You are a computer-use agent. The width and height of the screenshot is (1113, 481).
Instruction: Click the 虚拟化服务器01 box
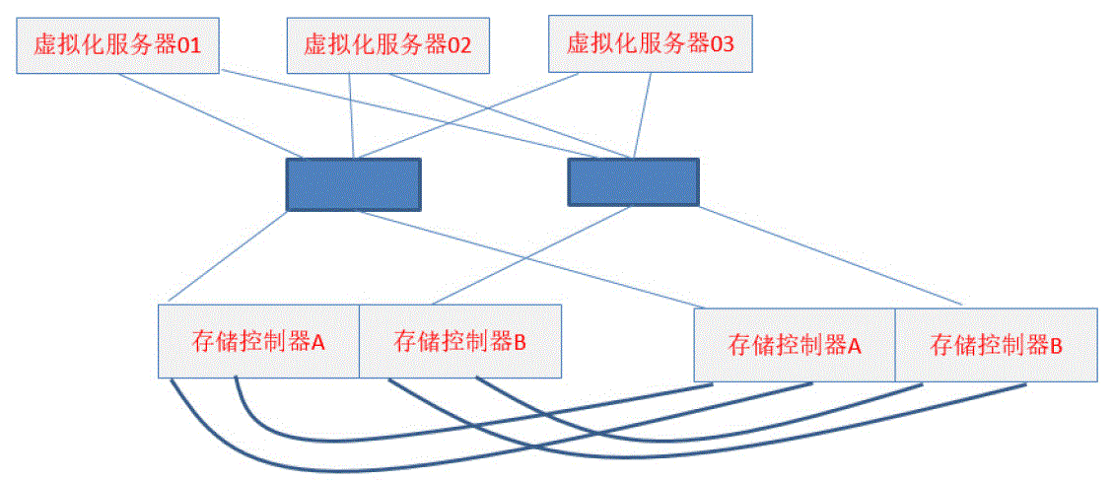tap(117, 45)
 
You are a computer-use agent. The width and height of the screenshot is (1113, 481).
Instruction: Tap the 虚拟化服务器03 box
tap(651, 45)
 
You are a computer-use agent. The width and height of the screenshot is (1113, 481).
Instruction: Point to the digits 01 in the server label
tap(188, 44)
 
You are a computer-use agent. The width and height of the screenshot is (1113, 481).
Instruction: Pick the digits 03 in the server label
tap(722, 44)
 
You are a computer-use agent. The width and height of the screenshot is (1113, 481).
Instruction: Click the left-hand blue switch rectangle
tap(353, 183)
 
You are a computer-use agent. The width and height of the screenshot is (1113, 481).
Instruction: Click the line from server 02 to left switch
tap(352, 115)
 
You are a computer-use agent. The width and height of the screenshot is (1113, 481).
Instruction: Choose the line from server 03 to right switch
tap(642, 115)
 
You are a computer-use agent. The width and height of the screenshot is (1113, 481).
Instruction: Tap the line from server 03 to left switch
tap(469, 115)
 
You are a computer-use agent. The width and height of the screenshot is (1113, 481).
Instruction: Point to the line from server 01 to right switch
tap(424, 112)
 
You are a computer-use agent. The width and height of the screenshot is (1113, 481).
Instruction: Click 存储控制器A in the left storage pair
tap(258, 341)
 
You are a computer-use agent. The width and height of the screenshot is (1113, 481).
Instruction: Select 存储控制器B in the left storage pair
tap(459, 341)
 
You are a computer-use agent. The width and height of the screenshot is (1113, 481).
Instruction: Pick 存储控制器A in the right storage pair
tap(795, 345)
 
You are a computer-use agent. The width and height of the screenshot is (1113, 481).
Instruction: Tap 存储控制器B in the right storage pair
tap(996, 345)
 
